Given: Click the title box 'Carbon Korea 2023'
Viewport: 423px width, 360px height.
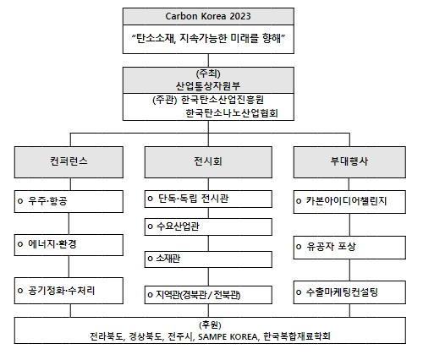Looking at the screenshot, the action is click(208, 16).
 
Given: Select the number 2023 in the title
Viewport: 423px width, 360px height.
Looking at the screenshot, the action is click(240, 16).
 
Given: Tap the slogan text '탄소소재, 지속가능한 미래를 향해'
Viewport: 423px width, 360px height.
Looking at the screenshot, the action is click(208, 38).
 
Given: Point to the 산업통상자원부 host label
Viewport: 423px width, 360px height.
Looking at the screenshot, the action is click(208, 85).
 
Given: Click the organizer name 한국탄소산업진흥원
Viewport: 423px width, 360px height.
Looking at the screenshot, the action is click(222, 100).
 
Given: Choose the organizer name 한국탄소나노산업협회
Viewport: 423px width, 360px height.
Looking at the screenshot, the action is click(232, 113).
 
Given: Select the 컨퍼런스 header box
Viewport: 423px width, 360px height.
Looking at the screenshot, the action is click(69, 162).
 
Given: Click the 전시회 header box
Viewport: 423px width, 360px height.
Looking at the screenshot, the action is click(208, 162).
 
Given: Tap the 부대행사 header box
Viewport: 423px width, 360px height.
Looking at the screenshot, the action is click(349, 162).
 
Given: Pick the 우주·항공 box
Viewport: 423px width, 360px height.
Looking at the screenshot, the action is click(69, 201).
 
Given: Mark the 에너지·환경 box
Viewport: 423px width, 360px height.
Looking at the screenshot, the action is click(69, 245).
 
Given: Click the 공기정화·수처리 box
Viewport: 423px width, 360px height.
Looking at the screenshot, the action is click(69, 291).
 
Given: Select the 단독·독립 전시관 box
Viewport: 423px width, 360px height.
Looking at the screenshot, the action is click(208, 199).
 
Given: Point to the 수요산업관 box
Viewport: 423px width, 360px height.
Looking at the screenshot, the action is click(208, 226).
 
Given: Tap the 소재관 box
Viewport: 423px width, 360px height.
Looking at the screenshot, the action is click(208, 259).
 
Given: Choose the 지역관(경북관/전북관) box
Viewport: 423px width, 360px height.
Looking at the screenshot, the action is click(208, 295).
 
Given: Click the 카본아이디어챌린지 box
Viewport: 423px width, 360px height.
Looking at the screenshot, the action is click(349, 202).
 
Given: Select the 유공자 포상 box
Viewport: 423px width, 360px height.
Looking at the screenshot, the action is click(349, 248).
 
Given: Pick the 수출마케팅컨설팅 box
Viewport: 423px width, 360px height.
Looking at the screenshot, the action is click(349, 292).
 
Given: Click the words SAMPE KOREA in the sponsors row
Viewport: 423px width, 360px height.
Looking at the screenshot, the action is click(228, 337).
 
